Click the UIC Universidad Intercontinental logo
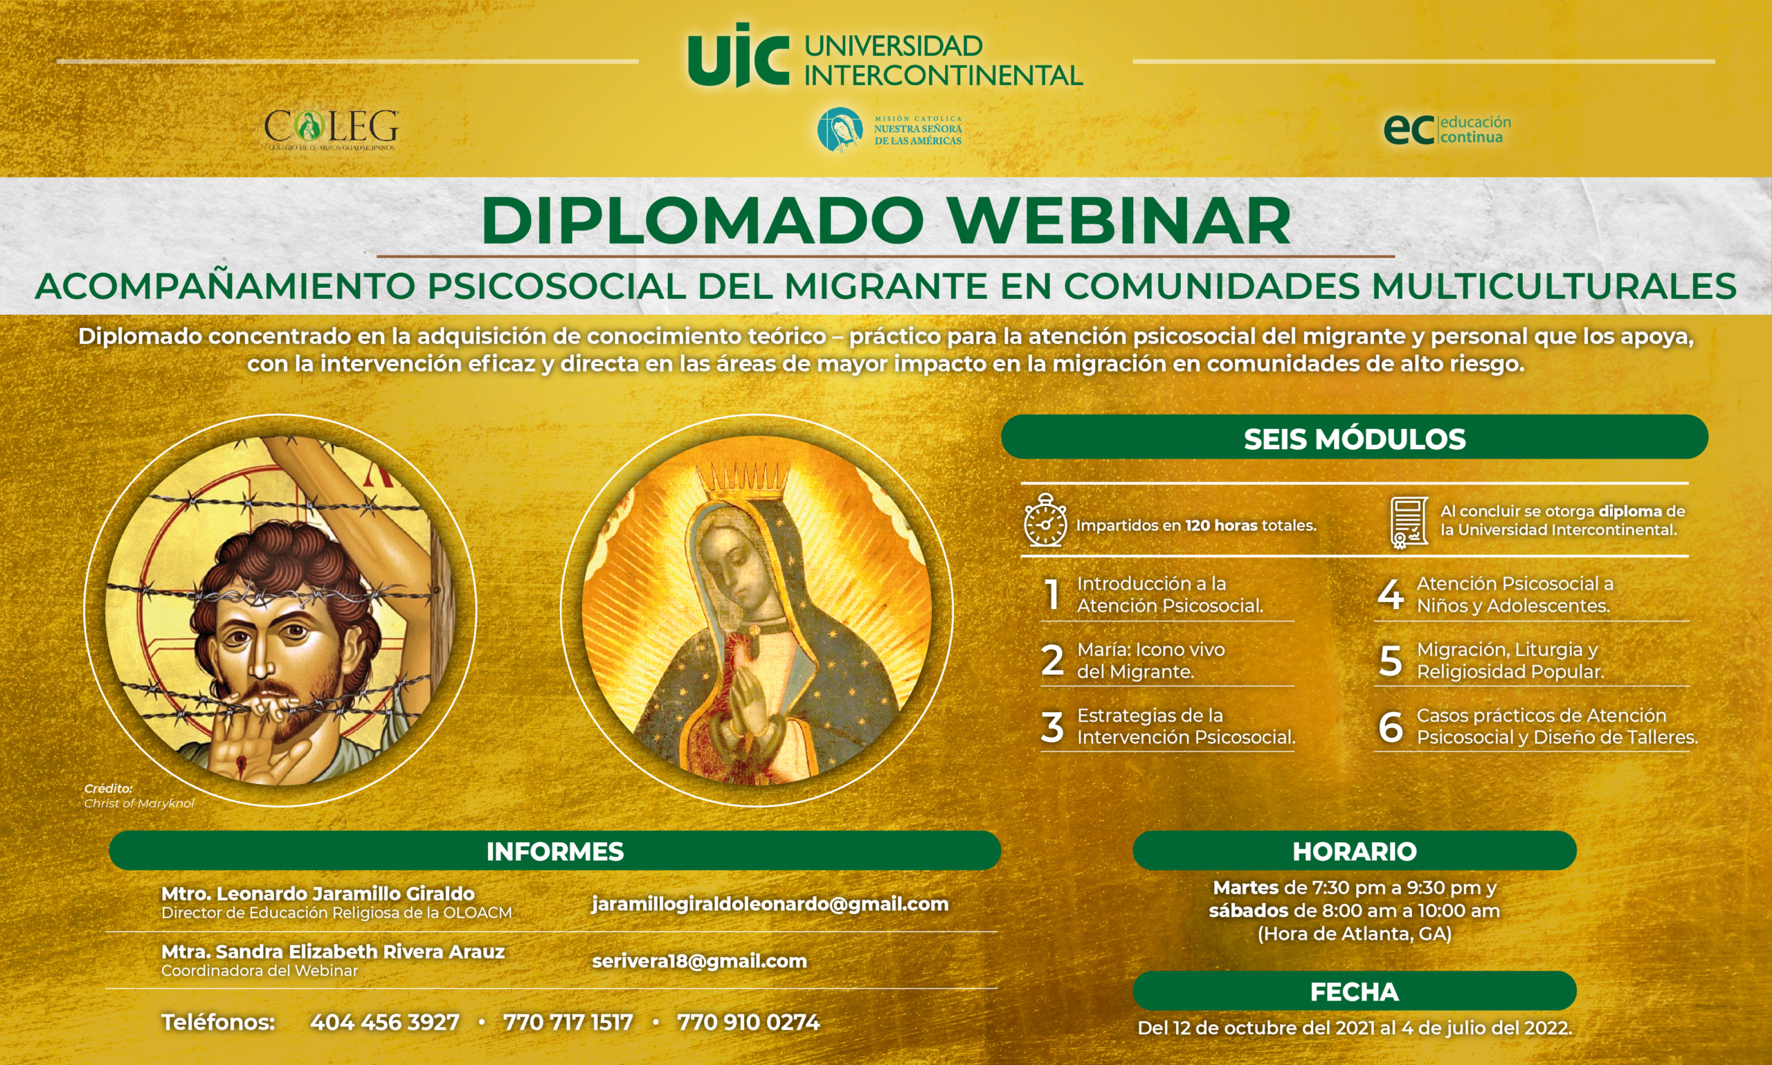884,56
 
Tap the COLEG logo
331,130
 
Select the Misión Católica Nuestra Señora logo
889,129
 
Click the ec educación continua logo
1447,130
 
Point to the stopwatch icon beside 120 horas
1045,520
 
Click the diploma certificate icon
1408,523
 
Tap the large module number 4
1390,594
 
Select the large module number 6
1390,727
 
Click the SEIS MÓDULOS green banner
1355,437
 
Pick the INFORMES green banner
554,851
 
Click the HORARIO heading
1355,851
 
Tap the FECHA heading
1355,992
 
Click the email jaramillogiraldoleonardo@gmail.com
770,904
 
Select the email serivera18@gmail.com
699,961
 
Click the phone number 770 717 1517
568,1022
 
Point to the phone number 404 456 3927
385,1022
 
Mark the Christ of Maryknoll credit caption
139,796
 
